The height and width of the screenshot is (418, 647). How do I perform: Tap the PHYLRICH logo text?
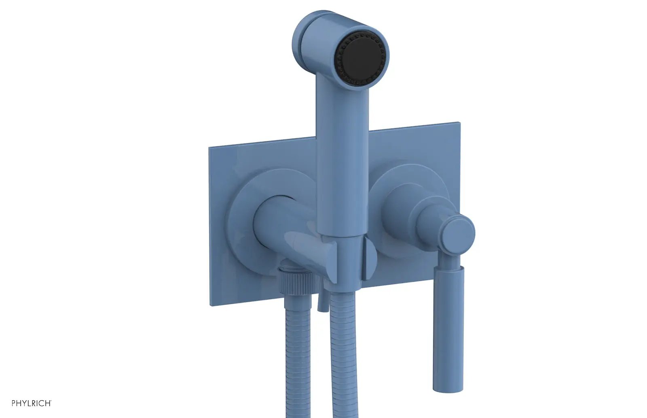(32, 403)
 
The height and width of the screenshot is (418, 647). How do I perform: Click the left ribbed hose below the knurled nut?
(298, 356)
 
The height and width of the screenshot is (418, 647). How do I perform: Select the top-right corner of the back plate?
(460, 122)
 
